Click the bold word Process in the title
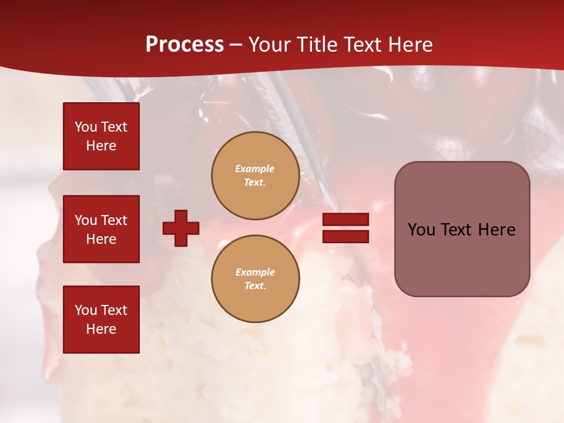(184, 45)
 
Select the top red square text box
(101, 136)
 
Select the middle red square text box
(101, 229)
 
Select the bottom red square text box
(101, 320)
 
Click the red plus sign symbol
(181, 228)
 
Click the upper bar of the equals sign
(345, 220)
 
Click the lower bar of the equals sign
(345, 236)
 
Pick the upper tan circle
(255, 176)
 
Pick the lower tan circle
(255, 279)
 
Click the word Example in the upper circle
(254, 169)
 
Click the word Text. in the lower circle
(255, 286)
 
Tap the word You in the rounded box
(421, 230)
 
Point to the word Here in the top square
(101, 146)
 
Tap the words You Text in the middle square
(101, 220)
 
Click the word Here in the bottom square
(101, 329)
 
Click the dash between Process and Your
(236, 45)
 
